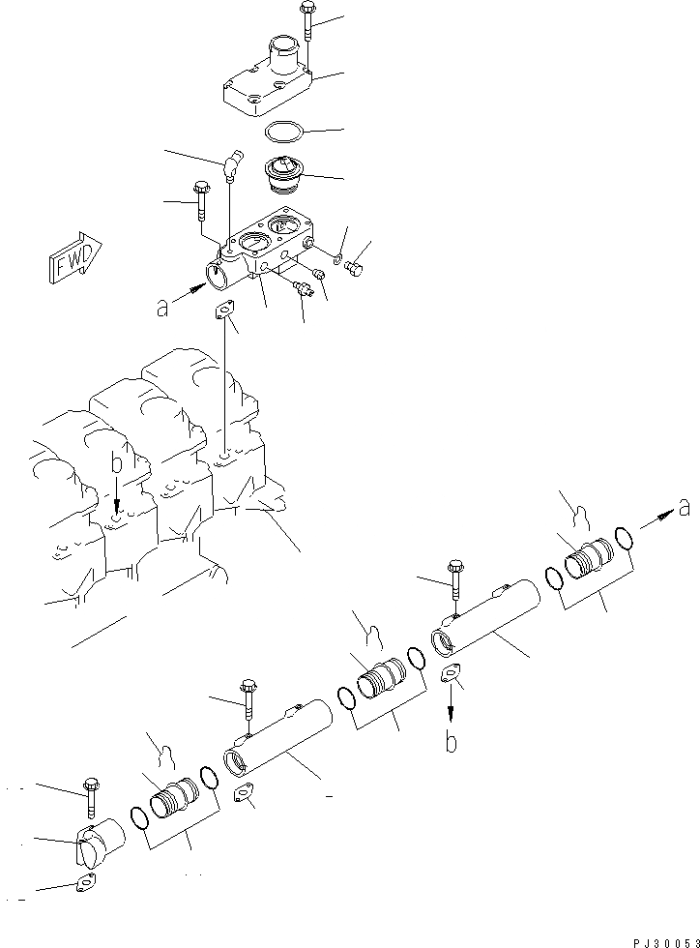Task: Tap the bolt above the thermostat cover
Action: pos(306,21)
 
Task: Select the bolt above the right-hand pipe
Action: pos(454,584)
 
